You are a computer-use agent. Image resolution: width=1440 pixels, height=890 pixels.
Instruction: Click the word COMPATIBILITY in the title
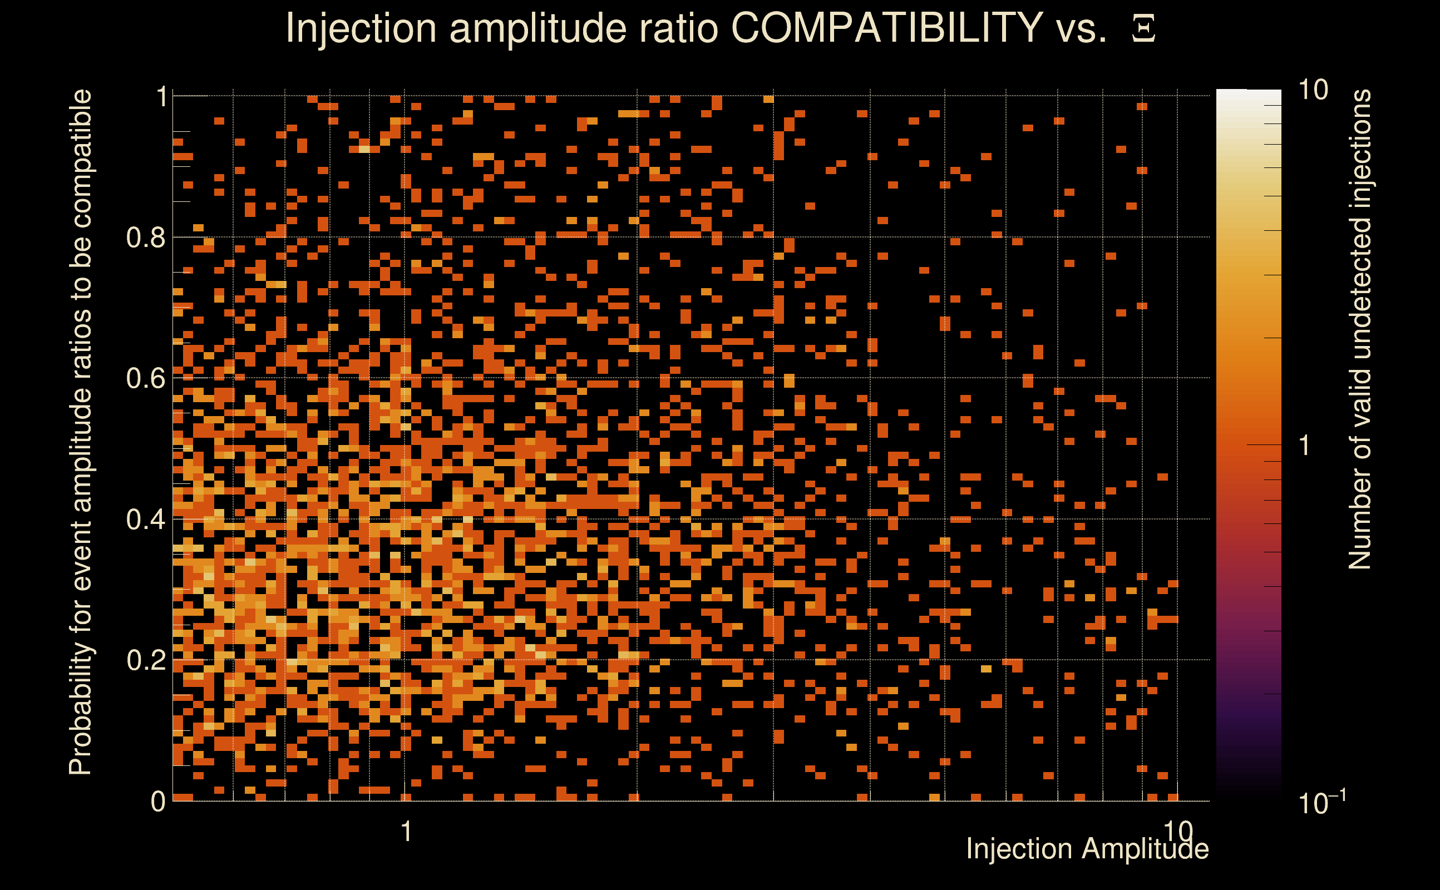pos(886,28)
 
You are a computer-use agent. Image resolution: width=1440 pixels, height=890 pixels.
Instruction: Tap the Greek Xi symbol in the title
pos(1143,29)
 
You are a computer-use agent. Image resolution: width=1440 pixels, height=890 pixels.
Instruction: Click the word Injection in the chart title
pos(361,29)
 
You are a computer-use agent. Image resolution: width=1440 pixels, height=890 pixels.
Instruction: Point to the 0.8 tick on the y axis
pos(146,238)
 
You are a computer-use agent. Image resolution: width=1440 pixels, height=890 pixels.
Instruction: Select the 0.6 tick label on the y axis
pos(146,378)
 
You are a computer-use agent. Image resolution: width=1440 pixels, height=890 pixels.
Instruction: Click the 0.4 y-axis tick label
pos(146,520)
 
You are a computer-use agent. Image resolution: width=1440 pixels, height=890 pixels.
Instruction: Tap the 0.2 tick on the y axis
pos(146,660)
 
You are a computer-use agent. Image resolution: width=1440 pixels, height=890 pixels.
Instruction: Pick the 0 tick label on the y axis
pos(158,802)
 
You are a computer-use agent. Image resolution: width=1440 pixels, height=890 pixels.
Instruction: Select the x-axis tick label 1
pos(406,832)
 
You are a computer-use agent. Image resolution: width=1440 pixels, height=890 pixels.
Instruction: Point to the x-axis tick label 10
pos(1178,830)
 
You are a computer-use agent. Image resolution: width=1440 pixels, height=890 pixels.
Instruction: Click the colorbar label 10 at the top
pos(1313,90)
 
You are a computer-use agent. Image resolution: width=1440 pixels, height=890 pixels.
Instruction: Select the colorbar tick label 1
pos(1305,446)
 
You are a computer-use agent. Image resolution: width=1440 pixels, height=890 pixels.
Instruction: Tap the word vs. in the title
pos(1082,28)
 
